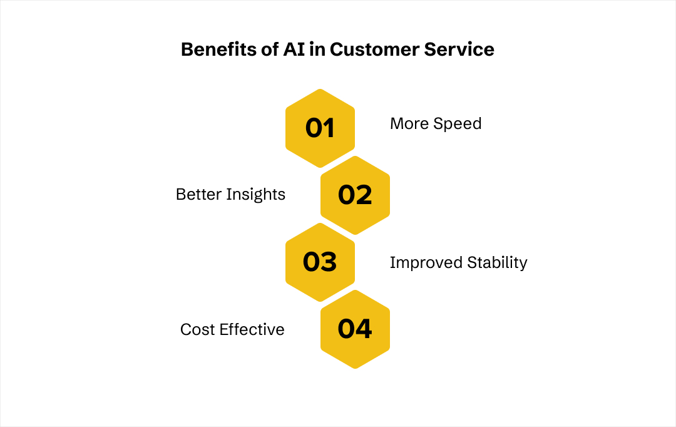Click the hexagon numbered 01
coord(320,128)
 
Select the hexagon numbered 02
coord(355,195)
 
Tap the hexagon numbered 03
coord(320,262)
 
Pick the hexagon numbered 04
coord(355,329)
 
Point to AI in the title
coord(294,49)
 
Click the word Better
coord(198,195)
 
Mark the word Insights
coord(256,195)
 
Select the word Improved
coord(419,262)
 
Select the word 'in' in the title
coord(317,49)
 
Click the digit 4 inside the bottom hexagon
coord(364,329)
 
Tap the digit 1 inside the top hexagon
coord(328,128)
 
